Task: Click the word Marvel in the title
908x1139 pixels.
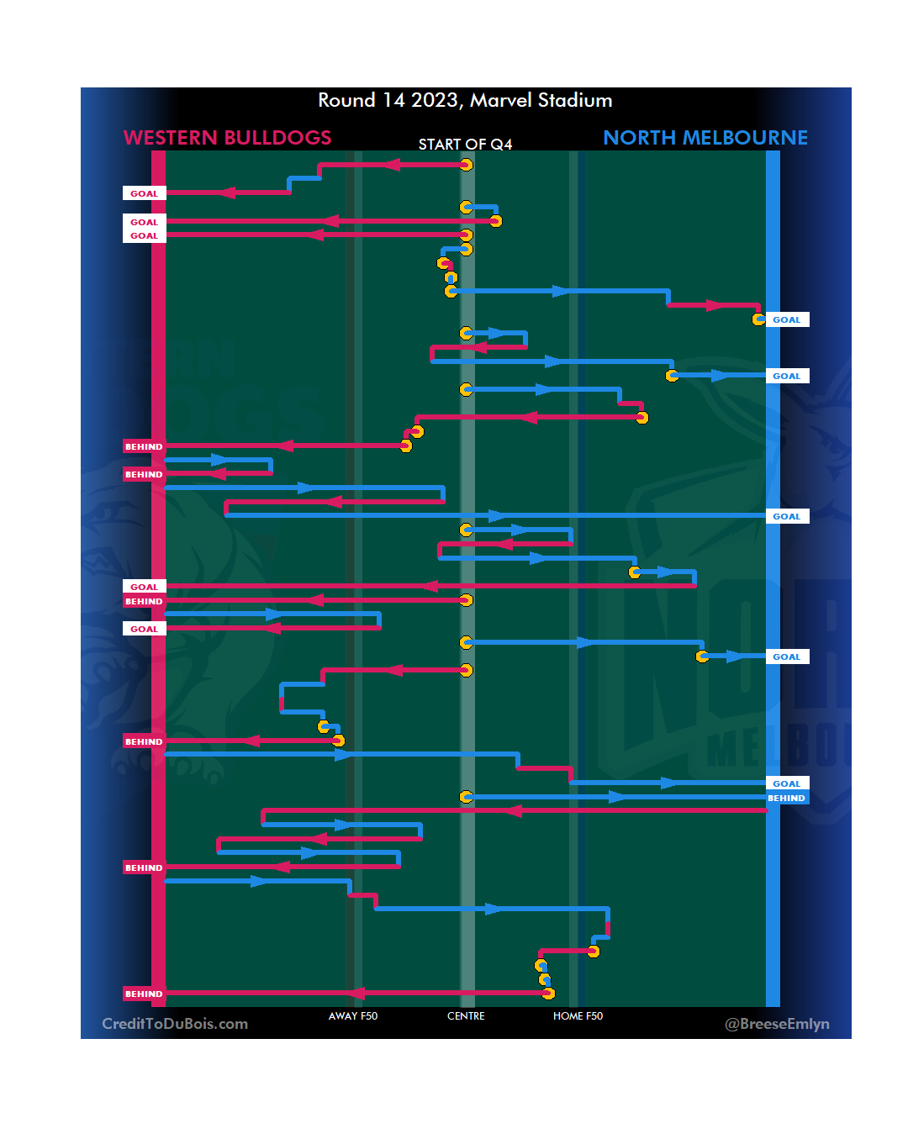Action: (501, 100)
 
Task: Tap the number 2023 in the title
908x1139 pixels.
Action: (436, 100)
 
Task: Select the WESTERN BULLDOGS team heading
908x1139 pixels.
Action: (227, 138)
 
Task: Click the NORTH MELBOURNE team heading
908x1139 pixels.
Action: (705, 138)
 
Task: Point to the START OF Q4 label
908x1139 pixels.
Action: (465, 145)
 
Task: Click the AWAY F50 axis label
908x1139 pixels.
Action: (353, 1016)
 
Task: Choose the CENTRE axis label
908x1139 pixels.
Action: (466, 1016)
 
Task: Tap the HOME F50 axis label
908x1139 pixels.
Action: (578, 1016)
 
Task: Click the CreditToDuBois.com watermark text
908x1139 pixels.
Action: (175, 1024)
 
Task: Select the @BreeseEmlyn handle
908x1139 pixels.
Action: (777, 1024)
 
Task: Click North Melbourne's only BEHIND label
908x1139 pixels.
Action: (787, 799)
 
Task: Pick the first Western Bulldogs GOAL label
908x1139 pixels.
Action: (144, 193)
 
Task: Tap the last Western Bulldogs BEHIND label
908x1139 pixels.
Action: (144, 994)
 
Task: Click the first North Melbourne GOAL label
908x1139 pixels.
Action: (787, 319)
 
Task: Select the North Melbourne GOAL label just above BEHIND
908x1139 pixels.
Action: (787, 783)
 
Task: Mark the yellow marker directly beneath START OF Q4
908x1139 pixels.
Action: (466, 165)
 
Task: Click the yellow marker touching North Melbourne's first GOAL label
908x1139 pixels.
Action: (758, 319)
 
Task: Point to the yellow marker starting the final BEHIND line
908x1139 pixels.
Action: (548, 994)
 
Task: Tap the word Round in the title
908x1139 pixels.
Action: (346, 100)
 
